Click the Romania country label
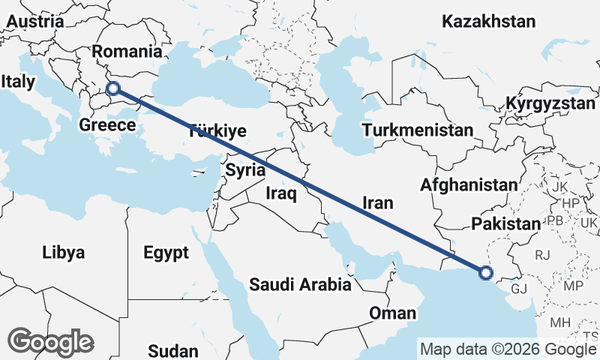[x=126, y=52]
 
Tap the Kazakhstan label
[x=488, y=22]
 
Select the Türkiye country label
[x=218, y=131]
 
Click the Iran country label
[x=377, y=202]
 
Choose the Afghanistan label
[x=469, y=184]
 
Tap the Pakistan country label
[x=505, y=223]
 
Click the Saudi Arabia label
[x=300, y=285]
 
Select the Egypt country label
[x=166, y=253]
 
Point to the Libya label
[x=64, y=251]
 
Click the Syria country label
[x=245, y=170]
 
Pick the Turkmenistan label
[x=417, y=131]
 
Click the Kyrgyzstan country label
[x=550, y=103]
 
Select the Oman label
[x=392, y=313]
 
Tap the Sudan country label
[x=173, y=350]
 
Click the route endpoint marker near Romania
[x=113, y=88]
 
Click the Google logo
[x=50, y=342]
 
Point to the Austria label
[x=34, y=22]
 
